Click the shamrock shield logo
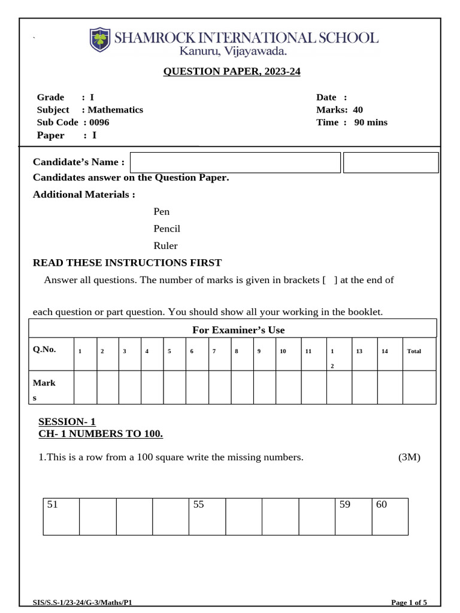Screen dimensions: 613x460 click(100, 40)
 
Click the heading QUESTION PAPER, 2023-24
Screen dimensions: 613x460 click(232, 72)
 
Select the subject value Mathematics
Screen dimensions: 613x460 click(116, 110)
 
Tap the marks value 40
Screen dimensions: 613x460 click(358, 110)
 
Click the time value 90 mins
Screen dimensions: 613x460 click(371, 122)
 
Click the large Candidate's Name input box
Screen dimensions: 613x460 click(235, 162)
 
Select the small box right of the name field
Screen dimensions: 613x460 click(391, 162)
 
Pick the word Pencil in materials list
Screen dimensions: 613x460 click(167, 229)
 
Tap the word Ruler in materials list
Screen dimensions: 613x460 click(165, 245)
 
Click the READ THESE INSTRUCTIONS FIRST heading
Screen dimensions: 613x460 click(127, 263)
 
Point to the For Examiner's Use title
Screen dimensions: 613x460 click(238, 330)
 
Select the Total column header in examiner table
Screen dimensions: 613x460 click(414, 351)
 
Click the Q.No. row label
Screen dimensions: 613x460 click(44, 350)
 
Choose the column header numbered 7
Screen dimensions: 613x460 click(214, 351)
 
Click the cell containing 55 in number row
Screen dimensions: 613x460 click(207, 515)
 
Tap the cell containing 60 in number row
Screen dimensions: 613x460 click(389, 515)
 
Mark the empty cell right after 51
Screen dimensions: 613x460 click(98, 515)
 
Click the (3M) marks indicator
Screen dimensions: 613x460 click(410, 457)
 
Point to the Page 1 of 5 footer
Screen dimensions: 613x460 click(408, 602)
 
